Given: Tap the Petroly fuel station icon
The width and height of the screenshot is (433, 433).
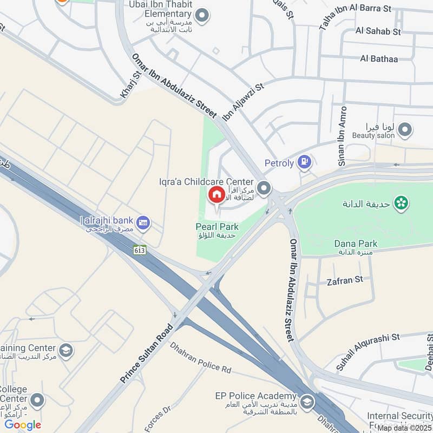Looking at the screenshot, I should click(305, 161).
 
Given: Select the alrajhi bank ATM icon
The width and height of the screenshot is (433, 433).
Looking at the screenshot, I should click(143, 222).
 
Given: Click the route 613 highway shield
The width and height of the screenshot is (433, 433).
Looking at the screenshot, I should click(140, 250).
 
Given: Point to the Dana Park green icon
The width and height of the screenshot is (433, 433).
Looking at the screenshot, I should click(402, 204).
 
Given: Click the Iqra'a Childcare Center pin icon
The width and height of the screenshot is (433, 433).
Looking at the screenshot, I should click(264, 188).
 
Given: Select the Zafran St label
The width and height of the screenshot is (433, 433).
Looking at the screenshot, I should click(345, 280).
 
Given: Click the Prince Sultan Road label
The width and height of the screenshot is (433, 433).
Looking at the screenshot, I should click(147, 353).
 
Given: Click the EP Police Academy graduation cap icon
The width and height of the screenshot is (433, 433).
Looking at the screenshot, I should click(307, 402).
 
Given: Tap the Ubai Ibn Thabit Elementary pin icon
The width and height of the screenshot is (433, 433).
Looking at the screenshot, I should click(202, 16).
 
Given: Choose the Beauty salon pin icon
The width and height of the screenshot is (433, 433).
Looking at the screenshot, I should click(405, 130).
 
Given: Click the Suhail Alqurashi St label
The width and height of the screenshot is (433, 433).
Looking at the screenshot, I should click(368, 352).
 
